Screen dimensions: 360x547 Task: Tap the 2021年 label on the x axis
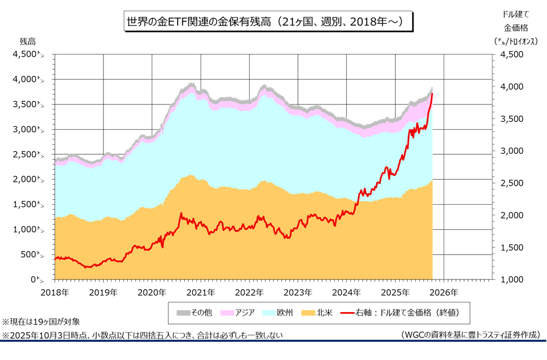(200, 292)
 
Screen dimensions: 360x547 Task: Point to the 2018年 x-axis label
(54, 292)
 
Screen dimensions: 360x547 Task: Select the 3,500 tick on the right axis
(513, 119)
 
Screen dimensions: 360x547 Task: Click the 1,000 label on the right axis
(513, 280)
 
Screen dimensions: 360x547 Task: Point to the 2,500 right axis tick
(513, 183)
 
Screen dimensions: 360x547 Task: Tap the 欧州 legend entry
(279, 313)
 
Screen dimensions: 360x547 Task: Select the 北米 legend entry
(318, 313)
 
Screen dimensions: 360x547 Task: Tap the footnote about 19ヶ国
(41, 322)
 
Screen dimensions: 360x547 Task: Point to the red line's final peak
(432, 94)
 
